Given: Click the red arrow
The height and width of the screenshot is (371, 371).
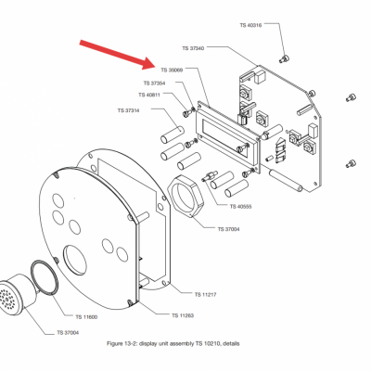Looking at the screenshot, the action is [x=119, y=55].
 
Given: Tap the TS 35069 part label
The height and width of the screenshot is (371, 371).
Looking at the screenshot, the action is [x=172, y=70].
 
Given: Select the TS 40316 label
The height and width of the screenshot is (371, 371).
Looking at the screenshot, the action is [x=250, y=25].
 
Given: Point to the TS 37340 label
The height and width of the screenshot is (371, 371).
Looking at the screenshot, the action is [x=193, y=48].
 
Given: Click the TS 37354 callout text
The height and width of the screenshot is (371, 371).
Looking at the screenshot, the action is [x=154, y=83].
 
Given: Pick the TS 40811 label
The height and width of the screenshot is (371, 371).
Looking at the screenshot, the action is [x=149, y=95].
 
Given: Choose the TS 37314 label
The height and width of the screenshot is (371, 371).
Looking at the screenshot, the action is [x=128, y=110].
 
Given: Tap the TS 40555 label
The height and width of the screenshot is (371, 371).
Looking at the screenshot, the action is [x=240, y=207].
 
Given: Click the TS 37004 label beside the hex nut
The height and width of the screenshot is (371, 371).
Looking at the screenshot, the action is [x=228, y=229].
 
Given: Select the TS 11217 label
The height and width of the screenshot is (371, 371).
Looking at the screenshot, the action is [x=205, y=295].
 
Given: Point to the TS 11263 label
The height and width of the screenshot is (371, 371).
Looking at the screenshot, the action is [x=183, y=315].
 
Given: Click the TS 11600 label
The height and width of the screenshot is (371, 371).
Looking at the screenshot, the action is [x=86, y=317].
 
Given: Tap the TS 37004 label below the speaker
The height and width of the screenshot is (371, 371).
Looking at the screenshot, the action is [x=68, y=333].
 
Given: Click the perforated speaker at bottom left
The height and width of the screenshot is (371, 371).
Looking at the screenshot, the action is [x=16, y=295].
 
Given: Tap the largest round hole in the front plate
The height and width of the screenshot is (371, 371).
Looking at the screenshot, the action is [x=75, y=260].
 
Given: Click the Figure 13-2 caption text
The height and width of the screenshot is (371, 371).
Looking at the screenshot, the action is [x=173, y=343].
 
